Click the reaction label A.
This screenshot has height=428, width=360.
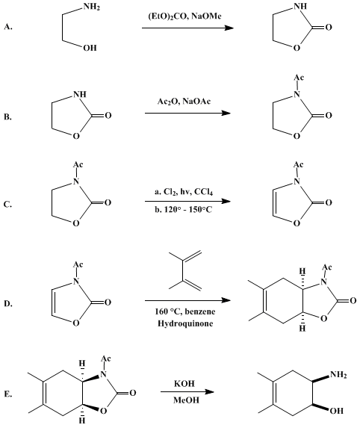[8, 27]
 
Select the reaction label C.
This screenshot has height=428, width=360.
[7, 204]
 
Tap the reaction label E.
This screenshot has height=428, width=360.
[8, 394]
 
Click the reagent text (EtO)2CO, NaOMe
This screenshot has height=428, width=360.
[184, 16]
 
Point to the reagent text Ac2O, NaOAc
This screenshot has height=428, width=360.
[184, 102]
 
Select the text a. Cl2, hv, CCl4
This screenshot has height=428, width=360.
[184, 192]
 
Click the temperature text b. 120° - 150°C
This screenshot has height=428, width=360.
[184, 210]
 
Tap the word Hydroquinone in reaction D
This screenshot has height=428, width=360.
[185, 323]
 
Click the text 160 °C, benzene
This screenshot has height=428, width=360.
[185, 311]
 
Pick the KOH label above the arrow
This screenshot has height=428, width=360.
[184, 383]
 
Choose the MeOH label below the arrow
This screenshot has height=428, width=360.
[186, 400]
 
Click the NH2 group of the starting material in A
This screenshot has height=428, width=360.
[92, 7]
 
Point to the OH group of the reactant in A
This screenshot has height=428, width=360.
[90, 48]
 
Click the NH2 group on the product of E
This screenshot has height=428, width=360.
[338, 374]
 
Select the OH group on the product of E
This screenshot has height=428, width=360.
[337, 411]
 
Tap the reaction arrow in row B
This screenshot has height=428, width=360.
[187, 113]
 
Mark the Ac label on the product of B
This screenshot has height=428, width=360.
[299, 78]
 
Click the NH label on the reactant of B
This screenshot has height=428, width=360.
[80, 94]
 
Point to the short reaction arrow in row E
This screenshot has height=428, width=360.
[187, 391]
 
